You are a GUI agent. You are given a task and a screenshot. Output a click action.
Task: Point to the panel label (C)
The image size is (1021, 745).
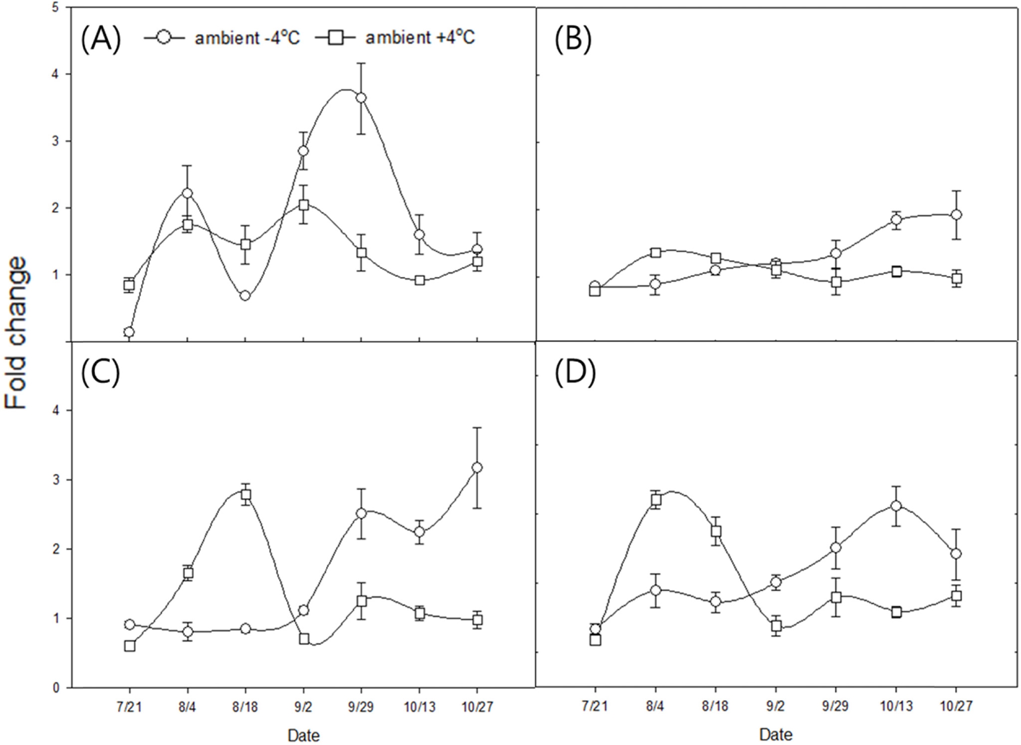101,373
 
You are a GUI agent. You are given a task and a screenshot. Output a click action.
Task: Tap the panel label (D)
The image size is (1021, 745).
575,373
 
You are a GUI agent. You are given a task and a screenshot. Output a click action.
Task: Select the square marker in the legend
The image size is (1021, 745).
335,38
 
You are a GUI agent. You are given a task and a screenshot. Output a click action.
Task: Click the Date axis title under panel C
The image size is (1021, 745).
303,735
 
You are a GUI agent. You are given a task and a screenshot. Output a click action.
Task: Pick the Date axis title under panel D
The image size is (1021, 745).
776,735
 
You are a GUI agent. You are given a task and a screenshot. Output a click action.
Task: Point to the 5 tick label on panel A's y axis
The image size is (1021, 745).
55,8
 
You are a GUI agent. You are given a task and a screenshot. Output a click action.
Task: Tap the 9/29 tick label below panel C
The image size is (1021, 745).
361,707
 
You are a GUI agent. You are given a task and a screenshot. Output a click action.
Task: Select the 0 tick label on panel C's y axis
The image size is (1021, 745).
56,688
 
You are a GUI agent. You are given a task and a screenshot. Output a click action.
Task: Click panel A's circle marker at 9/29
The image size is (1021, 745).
361,98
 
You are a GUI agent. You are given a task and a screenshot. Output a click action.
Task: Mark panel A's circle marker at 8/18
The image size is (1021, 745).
245,296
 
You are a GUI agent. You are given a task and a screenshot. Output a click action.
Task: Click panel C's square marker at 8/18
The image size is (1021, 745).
245,495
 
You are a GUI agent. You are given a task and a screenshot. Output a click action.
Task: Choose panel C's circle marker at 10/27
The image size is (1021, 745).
477,467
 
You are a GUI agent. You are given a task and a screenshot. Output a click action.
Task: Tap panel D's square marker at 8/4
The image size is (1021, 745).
656,500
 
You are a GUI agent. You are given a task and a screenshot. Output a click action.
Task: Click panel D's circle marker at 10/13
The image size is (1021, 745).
896,506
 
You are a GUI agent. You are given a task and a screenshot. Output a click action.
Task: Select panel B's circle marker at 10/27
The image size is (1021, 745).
956,215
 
